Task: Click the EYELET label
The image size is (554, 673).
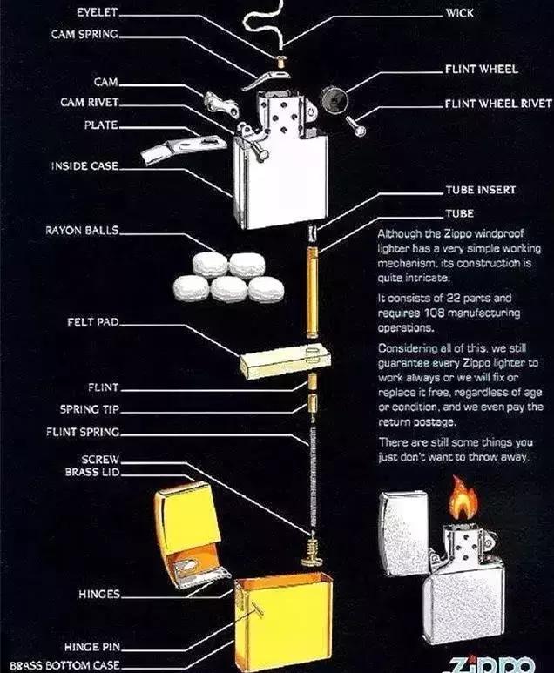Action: tap(96, 14)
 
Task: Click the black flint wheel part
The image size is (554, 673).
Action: tap(332, 98)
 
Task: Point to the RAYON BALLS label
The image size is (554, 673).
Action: tap(82, 231)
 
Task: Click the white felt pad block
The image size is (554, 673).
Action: tap(284, 360)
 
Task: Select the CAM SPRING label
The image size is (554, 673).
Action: tap(84, 36)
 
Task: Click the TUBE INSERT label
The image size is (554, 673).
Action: tap(480, 189)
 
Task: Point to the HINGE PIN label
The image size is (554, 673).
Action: tap(91, 648)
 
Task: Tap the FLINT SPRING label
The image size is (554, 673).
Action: tap(83, 432)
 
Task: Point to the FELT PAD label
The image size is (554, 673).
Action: tap(92, 322)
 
